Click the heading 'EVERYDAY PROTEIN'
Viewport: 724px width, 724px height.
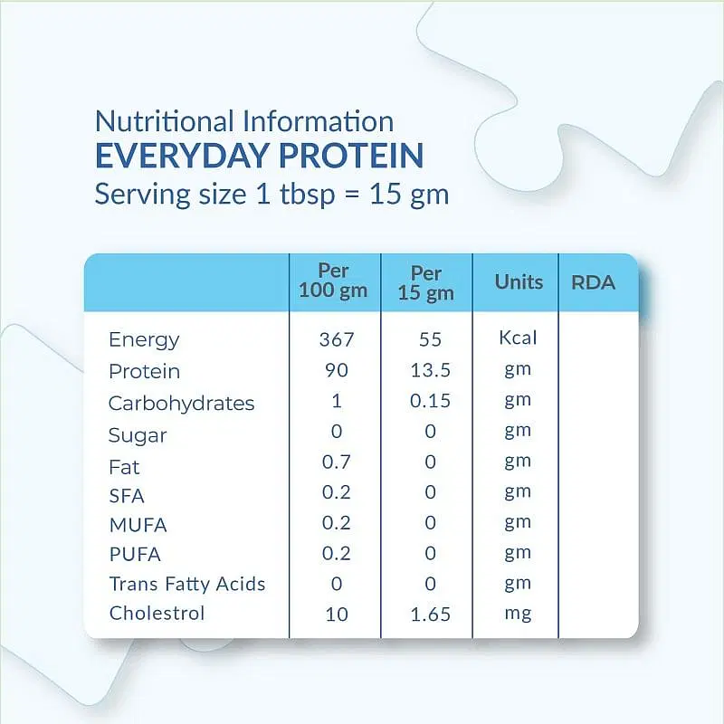259,155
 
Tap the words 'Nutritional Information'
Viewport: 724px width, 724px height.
244,121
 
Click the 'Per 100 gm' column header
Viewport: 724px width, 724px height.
333,281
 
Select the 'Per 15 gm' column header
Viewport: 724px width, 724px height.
425,283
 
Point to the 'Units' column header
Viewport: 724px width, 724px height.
519,281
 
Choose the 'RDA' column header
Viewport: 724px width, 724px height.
594,282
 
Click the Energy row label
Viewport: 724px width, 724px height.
144,341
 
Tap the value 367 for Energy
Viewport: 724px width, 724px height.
337,340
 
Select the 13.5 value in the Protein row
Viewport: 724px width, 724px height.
430,370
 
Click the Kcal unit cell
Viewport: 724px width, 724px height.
518,338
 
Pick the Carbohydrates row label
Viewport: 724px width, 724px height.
182,404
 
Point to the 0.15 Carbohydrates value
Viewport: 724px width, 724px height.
430,401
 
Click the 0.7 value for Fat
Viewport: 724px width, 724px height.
337,462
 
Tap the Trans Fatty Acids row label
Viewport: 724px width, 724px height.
187,584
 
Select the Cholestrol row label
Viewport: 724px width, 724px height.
157,614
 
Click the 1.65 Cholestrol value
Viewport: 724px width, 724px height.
431,614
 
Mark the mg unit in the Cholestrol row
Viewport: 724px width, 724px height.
518,614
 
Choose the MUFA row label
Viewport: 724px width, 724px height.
138,526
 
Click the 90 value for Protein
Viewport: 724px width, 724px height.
336,370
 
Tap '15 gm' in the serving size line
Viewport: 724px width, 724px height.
409,195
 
